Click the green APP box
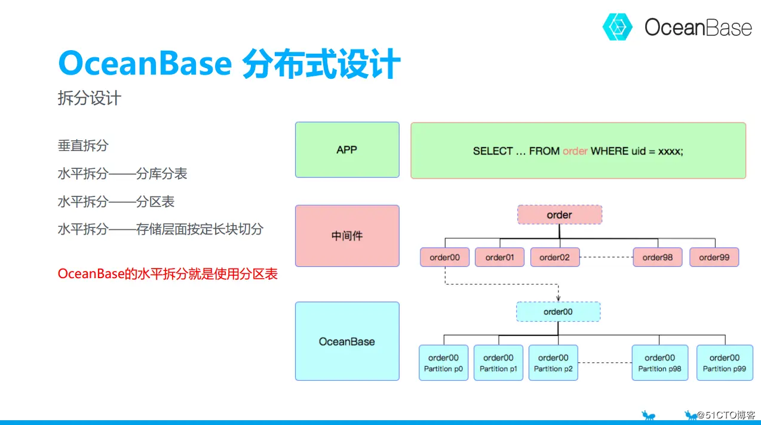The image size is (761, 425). point(347,150)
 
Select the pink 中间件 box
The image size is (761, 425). point(347,236)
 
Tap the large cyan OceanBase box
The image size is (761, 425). point(347,341)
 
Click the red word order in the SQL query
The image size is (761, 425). point(575,151)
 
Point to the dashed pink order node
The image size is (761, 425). point(559,215)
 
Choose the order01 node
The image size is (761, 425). point(499,257)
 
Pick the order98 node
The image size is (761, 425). point(658,257)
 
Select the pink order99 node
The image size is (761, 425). point(714,257)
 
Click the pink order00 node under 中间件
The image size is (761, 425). point(445,257)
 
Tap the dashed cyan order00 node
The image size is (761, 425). point(558,312)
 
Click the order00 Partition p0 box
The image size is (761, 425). point(444,363)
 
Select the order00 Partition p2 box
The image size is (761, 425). point(553,363)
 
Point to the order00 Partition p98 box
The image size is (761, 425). point(659,363)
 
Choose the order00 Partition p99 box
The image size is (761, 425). point(725,363)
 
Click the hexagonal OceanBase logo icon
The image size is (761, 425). point(617,27)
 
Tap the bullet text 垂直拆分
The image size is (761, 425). point(83,145)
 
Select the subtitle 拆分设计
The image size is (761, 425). point(89,98)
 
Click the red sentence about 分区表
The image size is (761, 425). point(168,275)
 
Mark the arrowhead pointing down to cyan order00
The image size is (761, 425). point(558,298)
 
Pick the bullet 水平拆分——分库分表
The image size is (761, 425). point(122,174)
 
